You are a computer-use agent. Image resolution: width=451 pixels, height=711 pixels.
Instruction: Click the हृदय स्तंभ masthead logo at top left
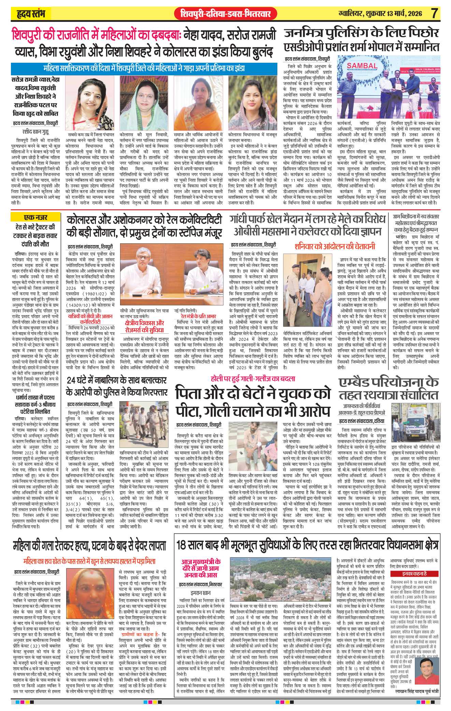click(30, 15)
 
